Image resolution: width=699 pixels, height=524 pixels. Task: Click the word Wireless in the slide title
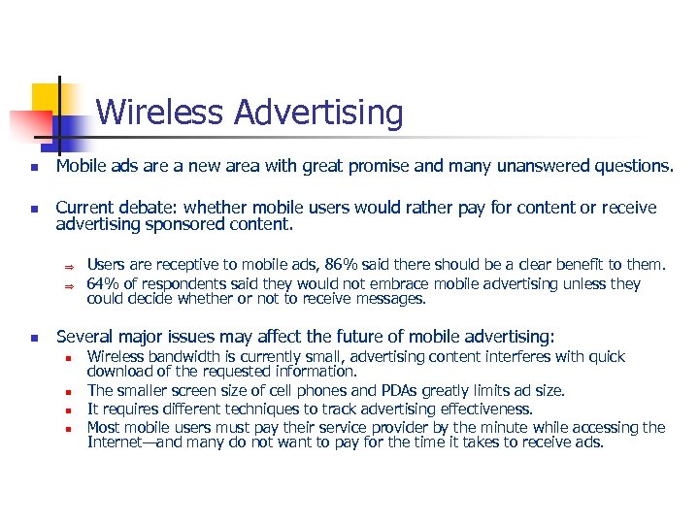160,113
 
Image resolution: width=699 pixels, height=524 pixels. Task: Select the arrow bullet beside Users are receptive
69,265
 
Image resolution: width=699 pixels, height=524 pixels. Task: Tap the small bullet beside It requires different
69,409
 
